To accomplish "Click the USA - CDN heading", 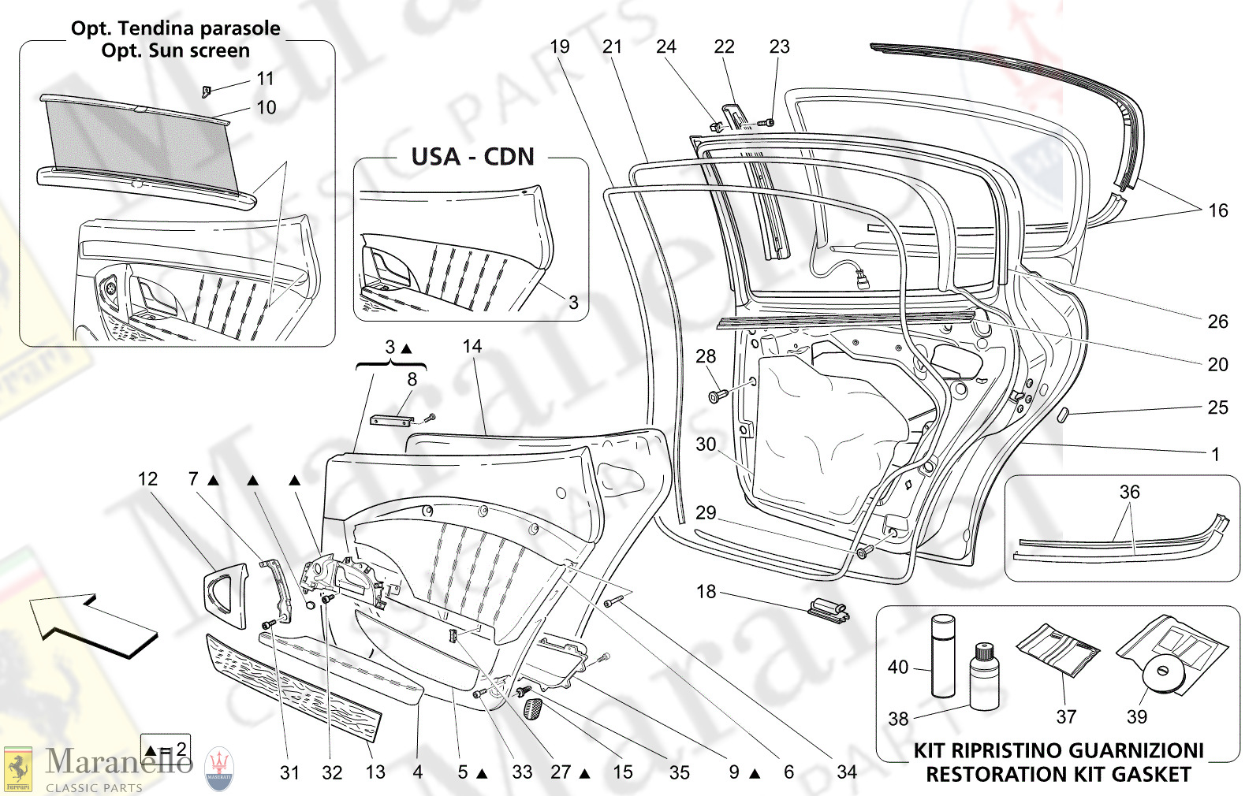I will click(x=472, y=157).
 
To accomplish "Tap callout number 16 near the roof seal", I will click(x=1217, y=210).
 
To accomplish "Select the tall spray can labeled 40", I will click(x=943, y=656).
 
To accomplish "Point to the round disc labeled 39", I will click(x=1161, y=672).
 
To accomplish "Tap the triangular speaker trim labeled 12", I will click(x=224, y=599).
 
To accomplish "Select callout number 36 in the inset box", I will click(x=1129, y=492).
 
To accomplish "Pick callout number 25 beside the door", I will click(x=1217, y=407).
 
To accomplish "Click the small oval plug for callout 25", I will click(x=1062, y=414).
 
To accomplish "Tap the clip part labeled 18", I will click(x=828, y=609).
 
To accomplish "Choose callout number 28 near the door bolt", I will click(x=706, y=356).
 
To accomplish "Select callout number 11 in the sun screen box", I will click(x=266, y=79).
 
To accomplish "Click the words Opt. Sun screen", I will click(x=175, y=50).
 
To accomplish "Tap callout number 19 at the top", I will click(x=560, y=46).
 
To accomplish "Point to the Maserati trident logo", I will click(x=219, y=768).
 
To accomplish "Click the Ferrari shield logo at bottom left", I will click(x=17, y=769).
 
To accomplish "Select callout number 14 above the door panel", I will click(x=472, y=346).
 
